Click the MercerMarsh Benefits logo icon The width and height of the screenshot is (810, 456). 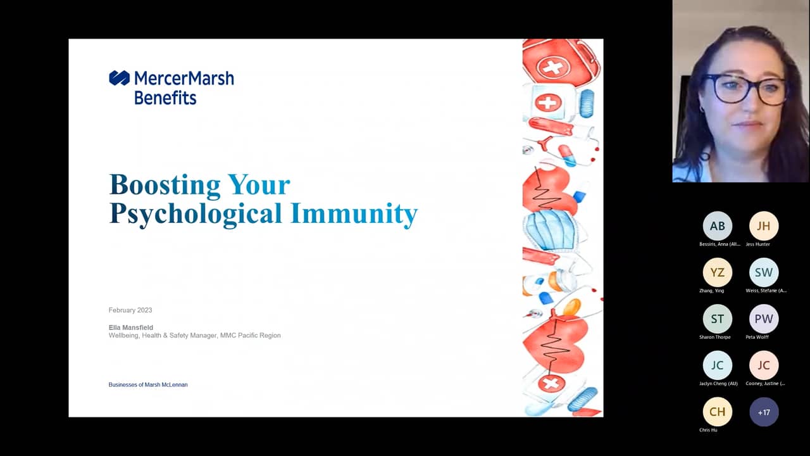[119, 78]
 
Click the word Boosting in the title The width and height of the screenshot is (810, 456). [165, 184]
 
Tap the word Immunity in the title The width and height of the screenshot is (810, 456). [354, 213]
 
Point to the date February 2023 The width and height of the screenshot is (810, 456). [130, 310]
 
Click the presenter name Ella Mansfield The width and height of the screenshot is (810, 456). [131, 327]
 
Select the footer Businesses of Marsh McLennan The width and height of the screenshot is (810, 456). [148, 384]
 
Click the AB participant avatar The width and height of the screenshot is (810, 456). [717, 226]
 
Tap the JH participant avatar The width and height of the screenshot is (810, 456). [764, 226]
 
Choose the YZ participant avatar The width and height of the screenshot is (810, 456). [717, 272]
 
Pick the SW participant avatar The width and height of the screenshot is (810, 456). [764, 272]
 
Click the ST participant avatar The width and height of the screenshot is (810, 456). [717, 319]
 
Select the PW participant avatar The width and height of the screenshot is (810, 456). [764, 319]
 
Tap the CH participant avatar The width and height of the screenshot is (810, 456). [717, 412]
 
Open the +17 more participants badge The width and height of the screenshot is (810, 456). [764, 412]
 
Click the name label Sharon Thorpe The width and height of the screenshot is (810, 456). [715, 337]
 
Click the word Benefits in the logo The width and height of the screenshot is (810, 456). [165, 98]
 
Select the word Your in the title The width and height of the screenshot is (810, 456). [259, 184]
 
